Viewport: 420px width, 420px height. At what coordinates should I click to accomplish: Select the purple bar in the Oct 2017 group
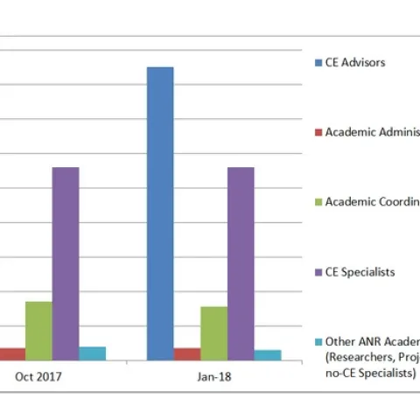click(66, 262)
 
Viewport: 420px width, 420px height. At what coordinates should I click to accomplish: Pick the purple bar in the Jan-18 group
click(241, 262)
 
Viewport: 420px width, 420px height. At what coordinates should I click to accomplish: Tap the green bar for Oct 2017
click(38, 330)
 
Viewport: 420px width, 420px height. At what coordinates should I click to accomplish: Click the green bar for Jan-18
click(213, 332)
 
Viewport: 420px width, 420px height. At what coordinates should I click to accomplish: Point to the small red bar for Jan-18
click(187, 353)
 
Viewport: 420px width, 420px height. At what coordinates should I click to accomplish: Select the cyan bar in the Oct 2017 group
click(93, 353)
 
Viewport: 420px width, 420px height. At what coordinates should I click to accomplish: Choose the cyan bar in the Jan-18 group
click(268, 354)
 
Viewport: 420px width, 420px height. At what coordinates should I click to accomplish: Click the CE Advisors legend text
click(354, 62)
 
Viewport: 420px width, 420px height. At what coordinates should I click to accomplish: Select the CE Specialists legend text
click(360, 272)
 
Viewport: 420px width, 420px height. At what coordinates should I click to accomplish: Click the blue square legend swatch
click(318, 62)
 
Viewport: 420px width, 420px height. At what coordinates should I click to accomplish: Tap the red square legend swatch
click(318, 132)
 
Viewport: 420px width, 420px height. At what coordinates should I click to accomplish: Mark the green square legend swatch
click(318, 202)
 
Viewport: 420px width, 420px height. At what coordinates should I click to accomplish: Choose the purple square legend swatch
click(318, 272)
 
